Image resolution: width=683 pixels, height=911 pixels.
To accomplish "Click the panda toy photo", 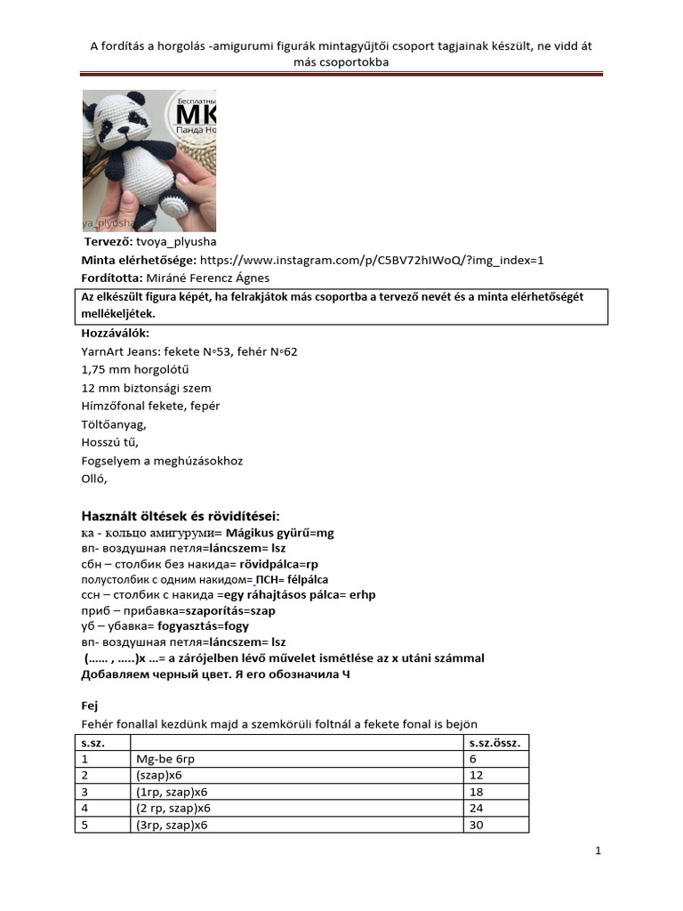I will (x=149, y=160).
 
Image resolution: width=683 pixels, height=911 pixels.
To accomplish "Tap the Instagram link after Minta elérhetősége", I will (x=372, y=260).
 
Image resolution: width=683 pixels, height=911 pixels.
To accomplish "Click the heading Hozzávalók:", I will (x=116, y=334).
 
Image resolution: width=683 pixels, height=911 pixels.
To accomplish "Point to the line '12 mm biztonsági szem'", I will (x=146, y=388).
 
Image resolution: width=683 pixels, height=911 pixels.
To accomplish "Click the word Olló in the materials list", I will (x=93, y=479).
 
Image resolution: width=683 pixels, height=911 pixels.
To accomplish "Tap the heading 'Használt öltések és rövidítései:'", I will (x=181, y=516).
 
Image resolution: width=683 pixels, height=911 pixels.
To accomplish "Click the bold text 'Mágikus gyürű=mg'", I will (x=280, y=533).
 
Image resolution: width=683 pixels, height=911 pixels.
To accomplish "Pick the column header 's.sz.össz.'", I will (x=495, y=742).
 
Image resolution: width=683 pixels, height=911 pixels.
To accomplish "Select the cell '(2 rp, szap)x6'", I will (x=173, y=808).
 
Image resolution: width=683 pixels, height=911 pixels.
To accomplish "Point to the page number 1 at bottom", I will (x=599, y=851).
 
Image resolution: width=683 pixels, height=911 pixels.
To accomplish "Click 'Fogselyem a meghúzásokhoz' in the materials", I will (x=162, y=461).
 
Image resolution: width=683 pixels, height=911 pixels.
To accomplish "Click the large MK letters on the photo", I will (x=197, y=117).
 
